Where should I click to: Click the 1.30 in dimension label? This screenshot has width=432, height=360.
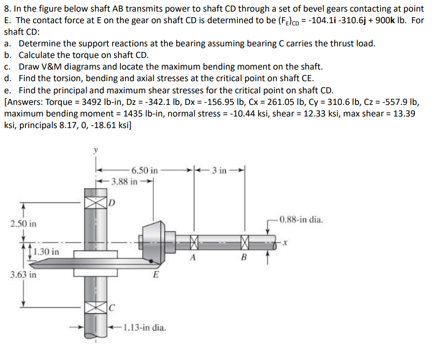(45, 252)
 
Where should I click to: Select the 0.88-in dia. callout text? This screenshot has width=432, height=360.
(301, 219)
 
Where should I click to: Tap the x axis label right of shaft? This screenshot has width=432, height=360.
(287, 242)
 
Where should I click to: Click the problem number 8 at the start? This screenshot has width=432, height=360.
(7, 6)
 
